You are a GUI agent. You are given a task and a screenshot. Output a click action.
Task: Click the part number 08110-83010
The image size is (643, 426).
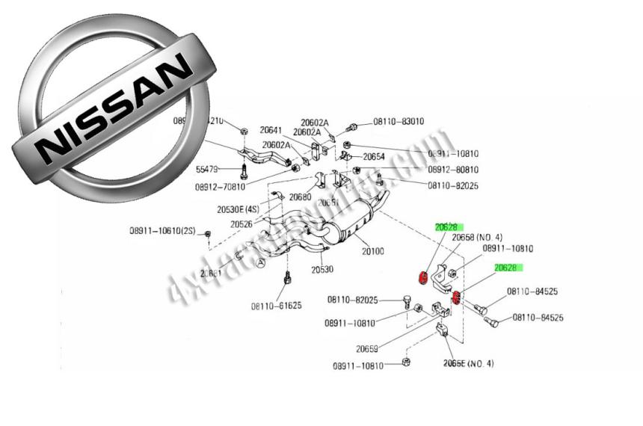[398, 121]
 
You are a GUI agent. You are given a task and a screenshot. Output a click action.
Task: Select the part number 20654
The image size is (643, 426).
[374, 157]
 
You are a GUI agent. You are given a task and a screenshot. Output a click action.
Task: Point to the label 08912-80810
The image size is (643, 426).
[453, 170]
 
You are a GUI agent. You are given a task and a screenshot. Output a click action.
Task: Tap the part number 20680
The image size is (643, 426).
[299, 197]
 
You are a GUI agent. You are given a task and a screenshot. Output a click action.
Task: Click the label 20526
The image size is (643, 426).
[241, 223]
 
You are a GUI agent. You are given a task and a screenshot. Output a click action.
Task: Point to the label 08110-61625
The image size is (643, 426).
[276, 305]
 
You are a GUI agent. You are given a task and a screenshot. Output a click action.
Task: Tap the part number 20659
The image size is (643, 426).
[367, 348]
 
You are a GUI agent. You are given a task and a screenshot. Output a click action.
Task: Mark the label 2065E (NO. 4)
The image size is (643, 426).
[468, 363]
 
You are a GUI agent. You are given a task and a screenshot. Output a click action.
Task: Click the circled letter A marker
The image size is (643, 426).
[260, 263]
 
